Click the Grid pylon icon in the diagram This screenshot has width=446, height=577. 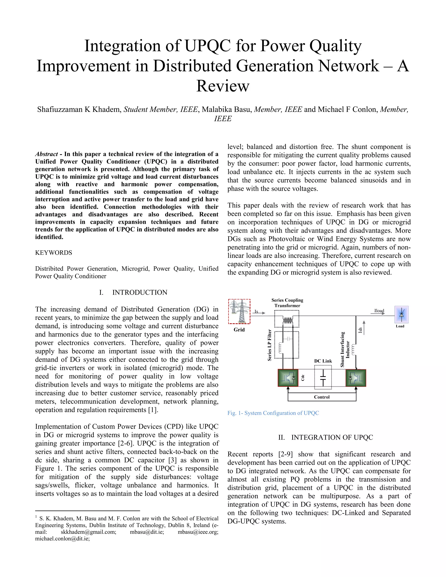tap(239, 311)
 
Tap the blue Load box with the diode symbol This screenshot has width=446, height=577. tap(401, 314)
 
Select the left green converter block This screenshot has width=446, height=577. tap(288, 378)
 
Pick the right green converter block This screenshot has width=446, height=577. tap(356, 378)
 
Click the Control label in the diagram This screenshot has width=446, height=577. tap(322, 397)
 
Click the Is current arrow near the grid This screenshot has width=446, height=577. tap(259, 312)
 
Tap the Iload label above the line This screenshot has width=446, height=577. tap(379, 311)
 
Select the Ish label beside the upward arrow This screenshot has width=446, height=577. tap(360, 330)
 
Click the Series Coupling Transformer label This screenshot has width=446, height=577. tap(287, 303)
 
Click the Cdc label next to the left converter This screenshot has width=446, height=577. tap(303, 378)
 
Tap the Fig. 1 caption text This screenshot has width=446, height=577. tap(273, 413)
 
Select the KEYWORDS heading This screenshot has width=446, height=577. tap(54, 253)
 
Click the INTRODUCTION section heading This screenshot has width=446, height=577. tap(140, 292)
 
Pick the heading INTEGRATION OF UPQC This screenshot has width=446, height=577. tap(332, 437)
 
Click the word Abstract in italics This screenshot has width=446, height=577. tap(47, 154)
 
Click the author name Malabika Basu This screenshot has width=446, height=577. tap(226, 109)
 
